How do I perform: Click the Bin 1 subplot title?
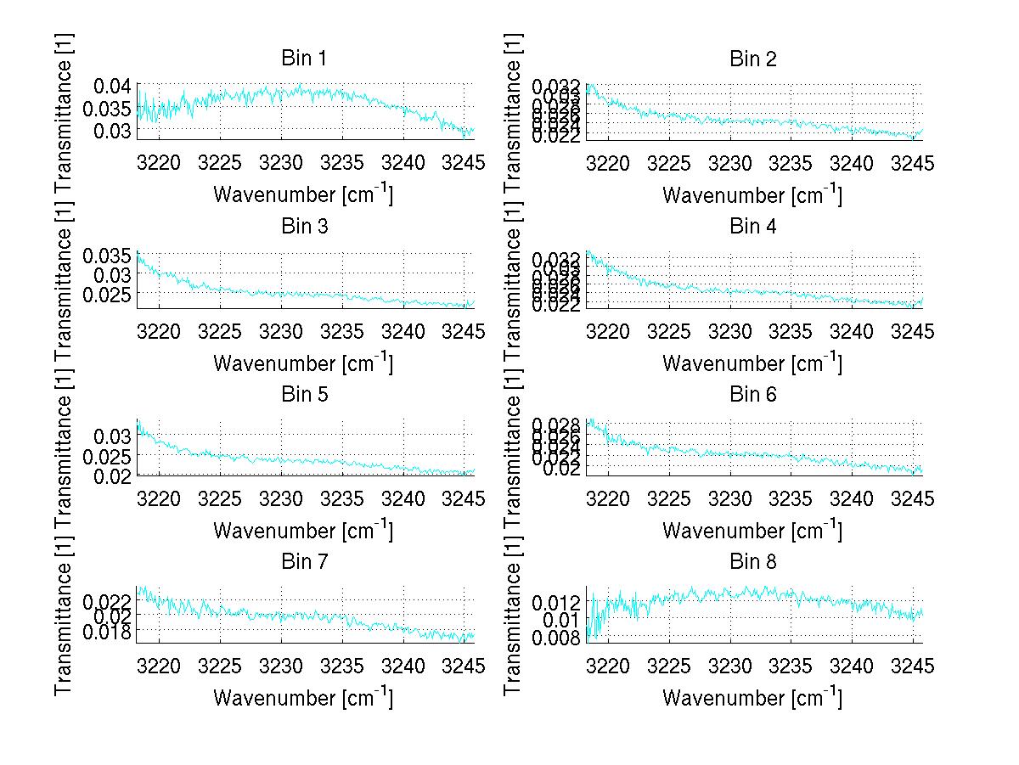(x=303, y=59)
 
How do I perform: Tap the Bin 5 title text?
(x=303, y=394)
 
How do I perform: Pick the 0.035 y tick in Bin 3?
(x=108, y=256)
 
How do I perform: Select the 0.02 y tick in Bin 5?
(x=112, y=475)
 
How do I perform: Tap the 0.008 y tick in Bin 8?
(x=557, y=638)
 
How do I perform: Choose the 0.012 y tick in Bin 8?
(x=557, y=602)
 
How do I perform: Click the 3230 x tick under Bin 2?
(x=730, y=163)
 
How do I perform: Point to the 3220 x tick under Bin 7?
(x=160, y=666)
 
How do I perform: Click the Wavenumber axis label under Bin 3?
(x=302, y=363)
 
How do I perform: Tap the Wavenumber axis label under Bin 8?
(x=752, y=697)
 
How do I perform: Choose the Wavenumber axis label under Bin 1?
(x=302, y=194)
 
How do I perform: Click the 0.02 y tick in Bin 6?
(x=561, y=470)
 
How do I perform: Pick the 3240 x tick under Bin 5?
(x=403, y=498)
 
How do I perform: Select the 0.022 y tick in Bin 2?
(x=557, y=136)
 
